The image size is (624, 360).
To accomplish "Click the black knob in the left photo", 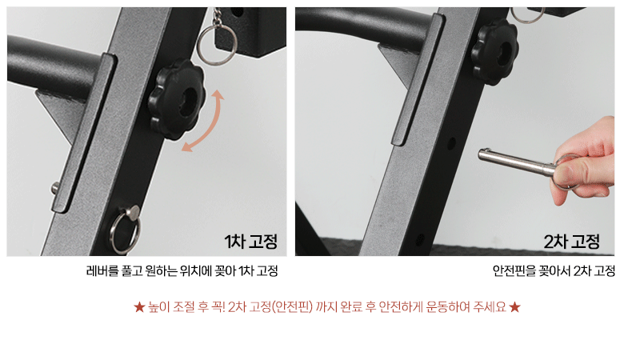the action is [x=176, y=100].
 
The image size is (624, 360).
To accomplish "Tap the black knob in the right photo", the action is [x=494, y=52].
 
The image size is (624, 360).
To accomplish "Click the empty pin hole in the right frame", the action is [x=451, y=143].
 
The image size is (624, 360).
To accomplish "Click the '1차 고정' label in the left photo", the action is [x=250, y=242].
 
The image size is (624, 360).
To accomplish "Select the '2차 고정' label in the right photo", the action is [x=571, y=242].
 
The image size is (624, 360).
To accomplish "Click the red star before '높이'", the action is [x=139, y=307].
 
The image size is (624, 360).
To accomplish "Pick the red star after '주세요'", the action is [x=514, y=307].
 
